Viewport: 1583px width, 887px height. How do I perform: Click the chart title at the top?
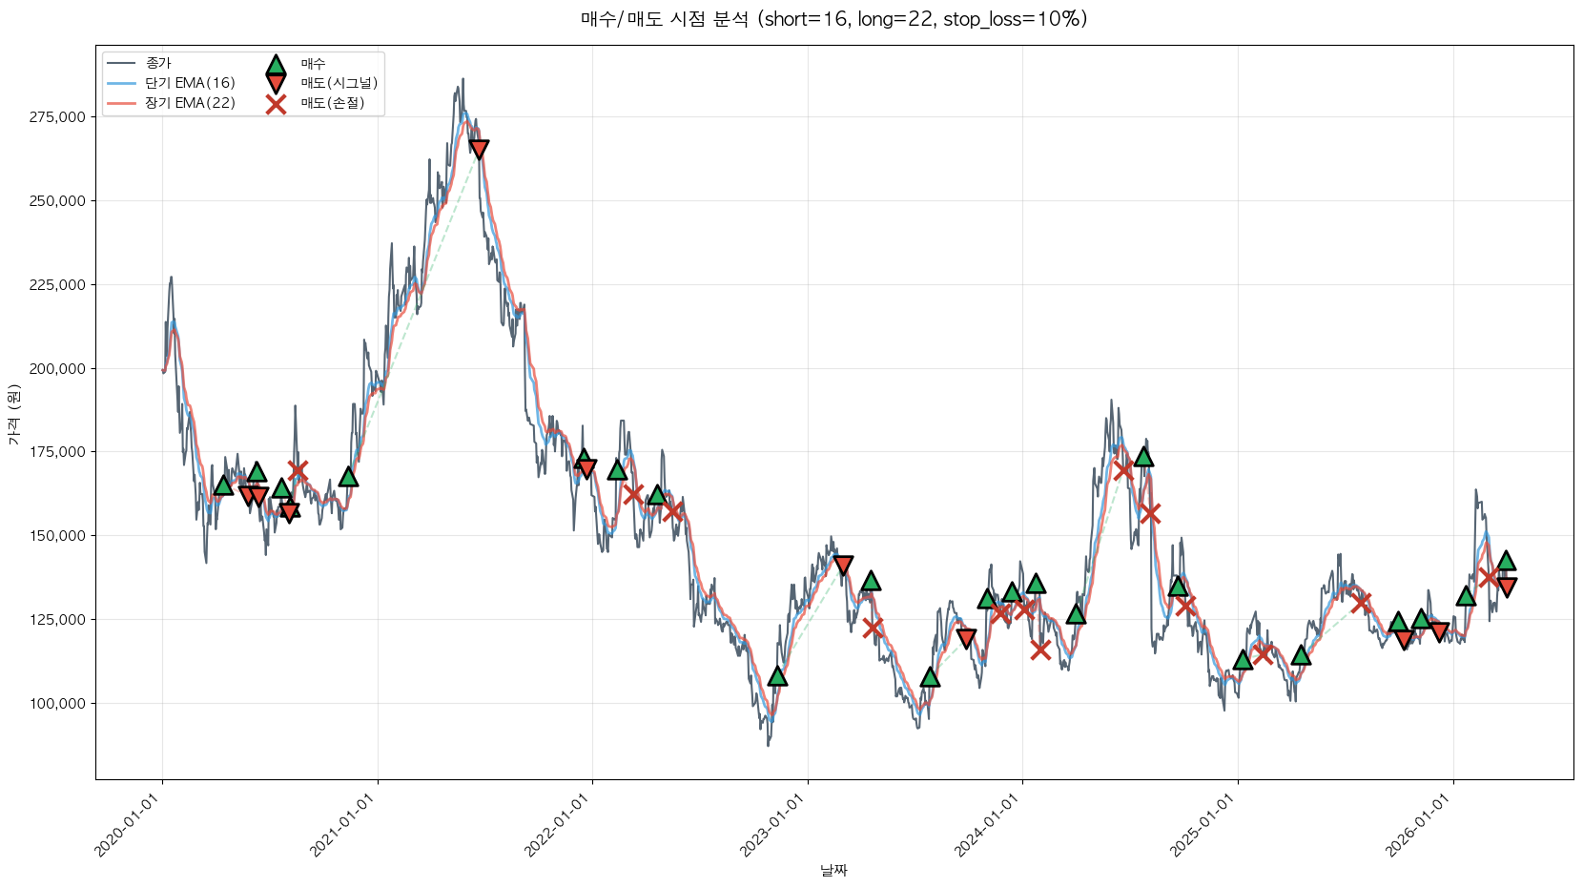833,19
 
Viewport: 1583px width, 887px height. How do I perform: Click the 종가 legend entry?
158,63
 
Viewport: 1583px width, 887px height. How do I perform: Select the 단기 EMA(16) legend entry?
190,83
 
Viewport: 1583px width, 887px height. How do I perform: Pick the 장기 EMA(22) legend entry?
190,103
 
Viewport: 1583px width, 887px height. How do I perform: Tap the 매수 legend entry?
313,64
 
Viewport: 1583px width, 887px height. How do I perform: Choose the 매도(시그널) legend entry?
339,83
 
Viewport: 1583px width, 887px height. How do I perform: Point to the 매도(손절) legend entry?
332,103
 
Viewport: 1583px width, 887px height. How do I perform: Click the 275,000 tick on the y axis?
57,117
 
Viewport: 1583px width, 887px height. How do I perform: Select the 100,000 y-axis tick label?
57,704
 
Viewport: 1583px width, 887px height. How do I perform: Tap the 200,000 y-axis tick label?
57,369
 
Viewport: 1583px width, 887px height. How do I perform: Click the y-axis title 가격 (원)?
13,415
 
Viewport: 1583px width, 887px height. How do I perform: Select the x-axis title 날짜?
833,870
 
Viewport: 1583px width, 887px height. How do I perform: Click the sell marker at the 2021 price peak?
479,149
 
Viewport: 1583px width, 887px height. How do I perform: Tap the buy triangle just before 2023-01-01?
777,676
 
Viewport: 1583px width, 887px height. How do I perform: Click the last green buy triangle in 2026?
1506,561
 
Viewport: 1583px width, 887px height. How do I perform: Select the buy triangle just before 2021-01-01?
348,476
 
